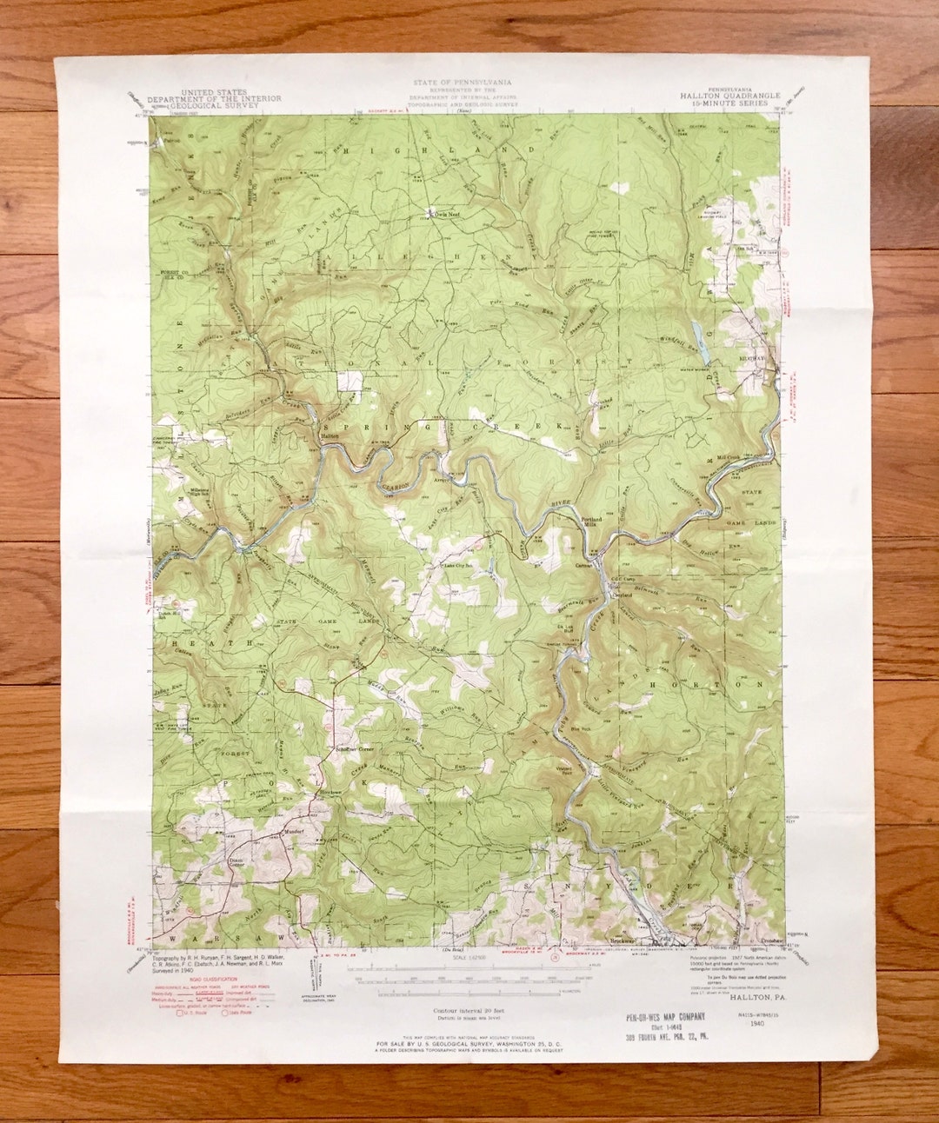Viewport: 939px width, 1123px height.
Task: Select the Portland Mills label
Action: pos(591,521)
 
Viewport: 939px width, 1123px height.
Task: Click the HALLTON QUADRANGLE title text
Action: pos(729,96)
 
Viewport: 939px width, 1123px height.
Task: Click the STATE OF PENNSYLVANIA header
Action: pos(462,83)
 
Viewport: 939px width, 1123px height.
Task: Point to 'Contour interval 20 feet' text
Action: pos(469,1011)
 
